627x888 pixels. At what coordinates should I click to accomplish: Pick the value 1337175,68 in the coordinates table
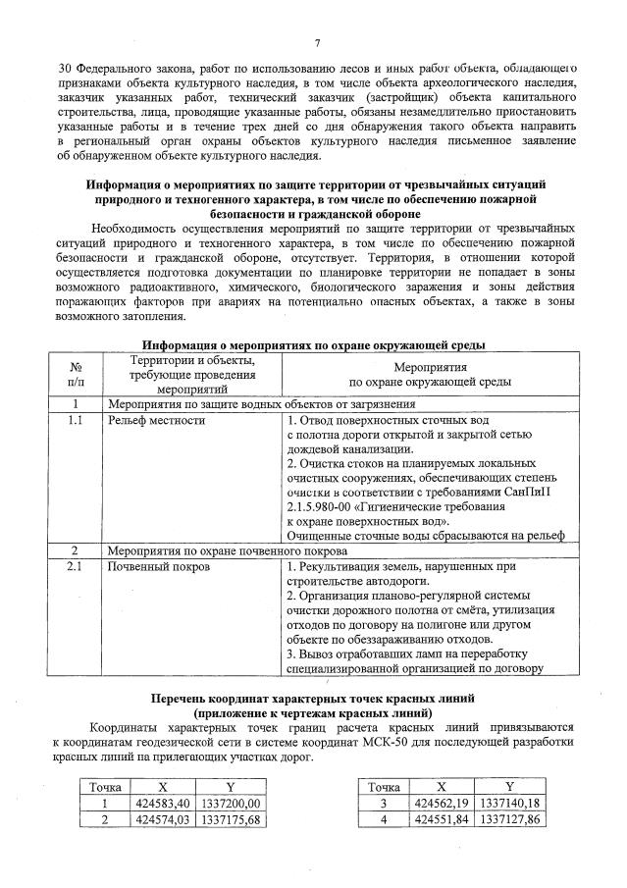(x=231, y=819)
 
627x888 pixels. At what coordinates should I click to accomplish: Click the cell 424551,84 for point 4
(x=442, y=819)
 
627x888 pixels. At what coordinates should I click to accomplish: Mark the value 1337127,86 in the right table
(x=508, y=819)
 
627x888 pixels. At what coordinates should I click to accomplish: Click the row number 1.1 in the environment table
(x=76, y=420)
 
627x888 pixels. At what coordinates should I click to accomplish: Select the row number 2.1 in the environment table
(x=76, y=567)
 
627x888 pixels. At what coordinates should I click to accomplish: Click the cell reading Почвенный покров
(x=157, y=567)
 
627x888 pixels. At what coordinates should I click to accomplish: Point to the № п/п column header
(x=76, y=374)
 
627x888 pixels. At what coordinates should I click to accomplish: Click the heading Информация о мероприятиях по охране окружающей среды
(x=313, y=345)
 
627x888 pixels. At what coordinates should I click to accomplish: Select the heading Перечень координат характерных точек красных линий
(x=313, y=698)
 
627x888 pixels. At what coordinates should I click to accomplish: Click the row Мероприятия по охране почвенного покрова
(x=215, y=550)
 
